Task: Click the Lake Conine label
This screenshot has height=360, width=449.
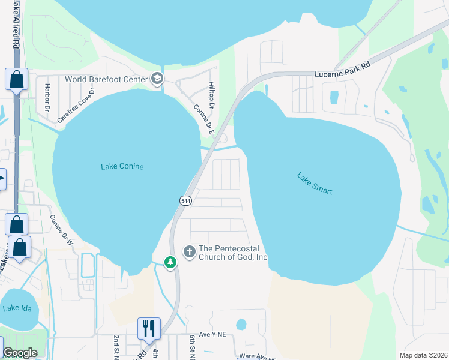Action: click(122, 166)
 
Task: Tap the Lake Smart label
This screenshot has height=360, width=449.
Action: click(315, 184)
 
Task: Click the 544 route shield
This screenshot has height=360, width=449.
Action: click(185, 201)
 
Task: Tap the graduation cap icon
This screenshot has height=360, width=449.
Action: click(157, 78)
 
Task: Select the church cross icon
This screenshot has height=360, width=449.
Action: click(190, 251)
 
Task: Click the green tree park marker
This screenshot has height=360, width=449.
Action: click(170, 262)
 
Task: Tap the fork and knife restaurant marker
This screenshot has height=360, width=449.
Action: click(149, 328)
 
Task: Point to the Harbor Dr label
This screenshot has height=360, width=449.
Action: click(47, 98)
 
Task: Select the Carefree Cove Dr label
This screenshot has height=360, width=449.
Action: click(76, 106)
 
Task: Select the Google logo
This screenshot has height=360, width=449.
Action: click(20, 353)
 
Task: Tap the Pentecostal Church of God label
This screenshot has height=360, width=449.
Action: click(233, 253)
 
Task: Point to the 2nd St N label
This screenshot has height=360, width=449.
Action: click(116, 347)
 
